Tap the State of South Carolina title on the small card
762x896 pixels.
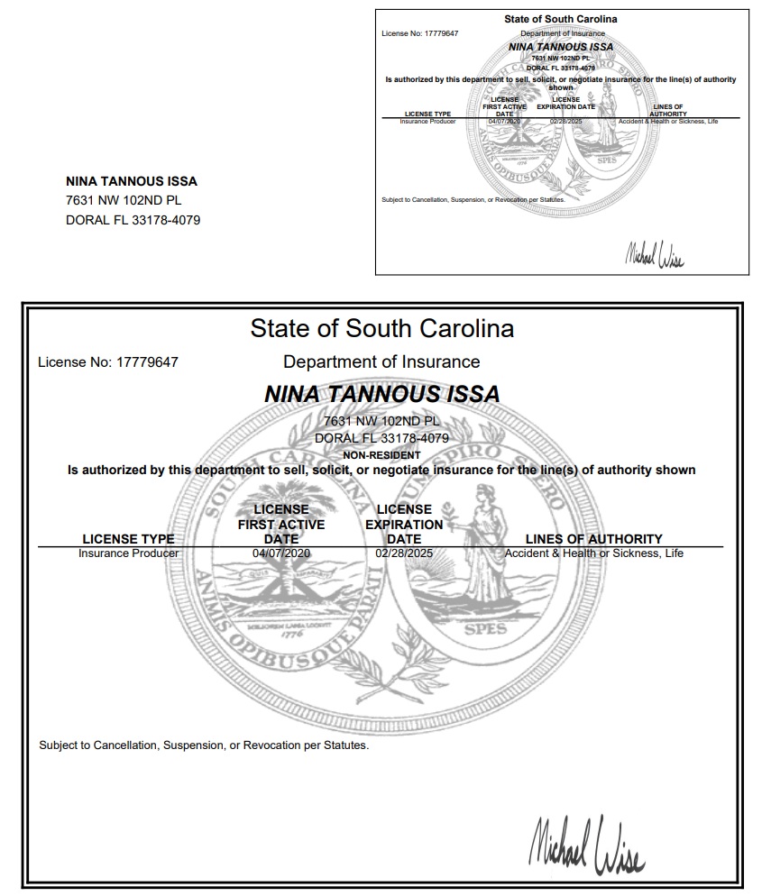click(561, 19)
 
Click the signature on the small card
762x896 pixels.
click(654, 255)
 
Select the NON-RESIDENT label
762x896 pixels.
click(381, 455)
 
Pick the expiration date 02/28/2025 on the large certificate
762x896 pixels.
click(404, 553)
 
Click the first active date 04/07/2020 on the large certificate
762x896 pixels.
click(281, 553)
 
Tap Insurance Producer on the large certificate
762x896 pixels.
click(128, 553)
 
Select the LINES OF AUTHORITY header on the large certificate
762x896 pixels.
click(593, 539)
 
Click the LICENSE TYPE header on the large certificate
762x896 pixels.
click(128, 539)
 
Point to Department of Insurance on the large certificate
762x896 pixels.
click(381, 361)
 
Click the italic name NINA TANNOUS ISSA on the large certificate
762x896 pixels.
click(381, 394)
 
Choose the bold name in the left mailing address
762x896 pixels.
click(132, 181)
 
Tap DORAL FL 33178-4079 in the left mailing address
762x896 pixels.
click(133, 219)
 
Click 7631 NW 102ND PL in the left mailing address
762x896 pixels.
click(124, 200)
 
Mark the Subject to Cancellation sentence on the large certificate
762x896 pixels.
click(204, 745)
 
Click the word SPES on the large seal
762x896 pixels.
click(485, 630)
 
